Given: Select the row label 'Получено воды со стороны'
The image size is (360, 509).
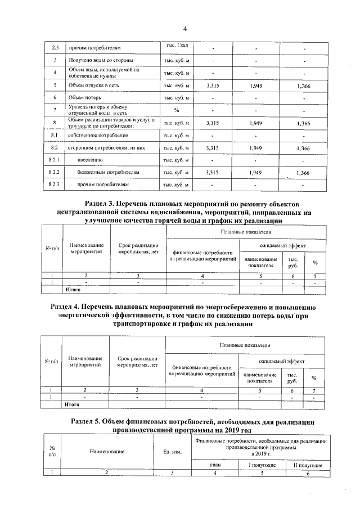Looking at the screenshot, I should point(101,60).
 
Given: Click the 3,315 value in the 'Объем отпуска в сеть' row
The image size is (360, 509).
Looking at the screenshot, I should point(213,86).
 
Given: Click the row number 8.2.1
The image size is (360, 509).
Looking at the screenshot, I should point(54,160).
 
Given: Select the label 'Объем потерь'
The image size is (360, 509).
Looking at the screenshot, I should point(84,98).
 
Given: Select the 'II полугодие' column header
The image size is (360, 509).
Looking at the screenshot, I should point(304,465).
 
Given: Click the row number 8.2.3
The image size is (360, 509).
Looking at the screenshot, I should point(54,184).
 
